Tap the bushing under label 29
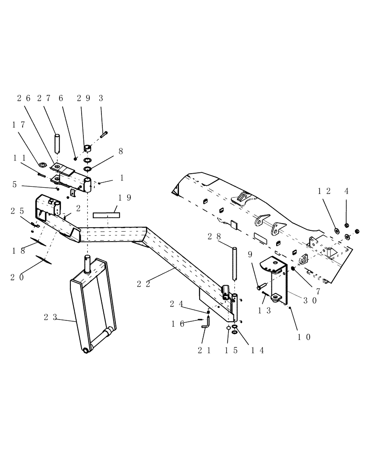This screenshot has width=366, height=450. point(87,148)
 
